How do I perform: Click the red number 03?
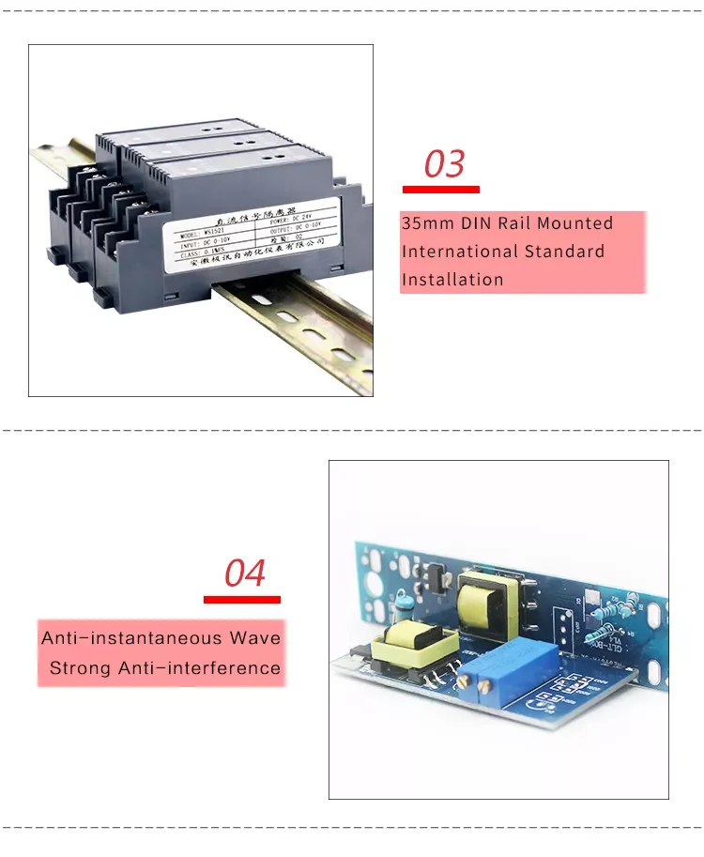coord(444,163)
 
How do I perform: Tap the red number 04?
coord(245,573)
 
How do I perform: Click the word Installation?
coord(452,280)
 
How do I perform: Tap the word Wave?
coord(255,638)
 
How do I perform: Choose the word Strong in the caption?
coord(80,668)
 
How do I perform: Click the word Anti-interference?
coord(199,668)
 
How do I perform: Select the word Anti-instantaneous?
coord(133,638)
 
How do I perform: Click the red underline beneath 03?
coord(440,190)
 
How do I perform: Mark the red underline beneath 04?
coord(242,599)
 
